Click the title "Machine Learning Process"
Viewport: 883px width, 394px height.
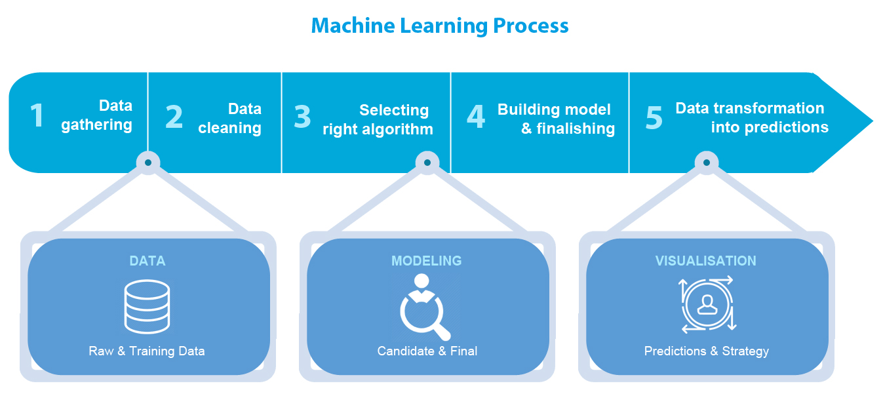click(439, 26)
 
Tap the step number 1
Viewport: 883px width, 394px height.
click(37, 116)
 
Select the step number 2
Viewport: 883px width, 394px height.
click(174, 117)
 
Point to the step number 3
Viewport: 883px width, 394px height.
click(302, 117)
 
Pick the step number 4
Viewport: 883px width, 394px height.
click(476, 117)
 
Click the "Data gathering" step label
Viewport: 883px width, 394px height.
click(97, 115)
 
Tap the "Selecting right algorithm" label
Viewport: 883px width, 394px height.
click(378, 120)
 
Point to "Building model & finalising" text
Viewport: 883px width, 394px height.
click(557, 119)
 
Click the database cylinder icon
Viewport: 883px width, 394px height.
click(147, 305)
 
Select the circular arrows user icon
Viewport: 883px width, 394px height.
click(707, 304)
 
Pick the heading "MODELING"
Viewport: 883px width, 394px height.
click(427, 261)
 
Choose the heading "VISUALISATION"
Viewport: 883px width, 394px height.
click(706, 261)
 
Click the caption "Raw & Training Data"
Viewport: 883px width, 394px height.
click(147, 351)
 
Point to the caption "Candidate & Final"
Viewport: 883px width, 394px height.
click(427, 351)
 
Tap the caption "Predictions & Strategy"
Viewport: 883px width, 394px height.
click(707, 351)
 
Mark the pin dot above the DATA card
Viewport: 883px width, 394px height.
click(148, 162)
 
